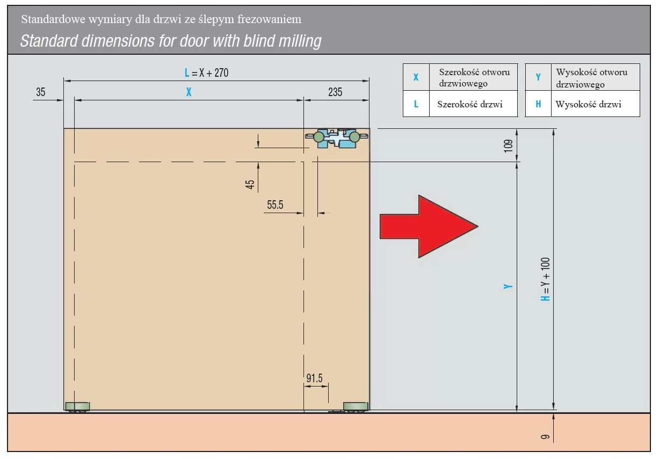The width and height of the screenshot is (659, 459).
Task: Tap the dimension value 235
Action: pyautogui.click(x=335, y=92)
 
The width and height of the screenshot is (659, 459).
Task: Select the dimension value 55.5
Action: pyautogui.click(x=275, y=205)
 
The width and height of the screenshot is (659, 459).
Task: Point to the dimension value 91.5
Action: pyautogui.click(x=314, y=378)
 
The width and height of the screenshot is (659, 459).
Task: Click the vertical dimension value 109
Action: pyautogui.click(x=508, y=146)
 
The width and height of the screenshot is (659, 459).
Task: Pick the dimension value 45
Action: pyautogui.click(x=250, y=184)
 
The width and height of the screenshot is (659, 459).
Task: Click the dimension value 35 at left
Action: pyautogui.click(x=41, y=92)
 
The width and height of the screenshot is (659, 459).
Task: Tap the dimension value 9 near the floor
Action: pyautogui.click(x=545, y=437)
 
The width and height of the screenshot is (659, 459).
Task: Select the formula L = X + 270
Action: pyautogui.click(x=207, y=72)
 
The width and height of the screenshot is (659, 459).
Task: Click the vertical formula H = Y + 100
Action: pyautogui.click(x=545, y=279)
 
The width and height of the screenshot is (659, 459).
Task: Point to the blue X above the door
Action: pyautogui.click(x=189, y=92)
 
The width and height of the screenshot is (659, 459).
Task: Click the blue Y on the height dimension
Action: pyautogui.click(x=508, y=286)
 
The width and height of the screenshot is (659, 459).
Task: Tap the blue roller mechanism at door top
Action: pyautogui.click(x=337, y=138)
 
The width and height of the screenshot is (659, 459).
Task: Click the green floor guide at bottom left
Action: pyautogui.click(x=77, y=407)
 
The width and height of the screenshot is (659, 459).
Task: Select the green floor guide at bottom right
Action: pyautogui.click(x=356, y=407)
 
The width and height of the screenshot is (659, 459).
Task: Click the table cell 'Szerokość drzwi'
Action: pyautogui.click(x=470, y=104)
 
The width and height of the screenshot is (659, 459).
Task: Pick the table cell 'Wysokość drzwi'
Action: pyautogui.click(x=589, y=104)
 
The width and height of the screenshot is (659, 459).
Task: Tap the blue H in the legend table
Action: pyautogui.click(x=538, y=104)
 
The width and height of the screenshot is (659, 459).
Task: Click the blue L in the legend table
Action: pyautogui.click(x=416, y=104)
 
